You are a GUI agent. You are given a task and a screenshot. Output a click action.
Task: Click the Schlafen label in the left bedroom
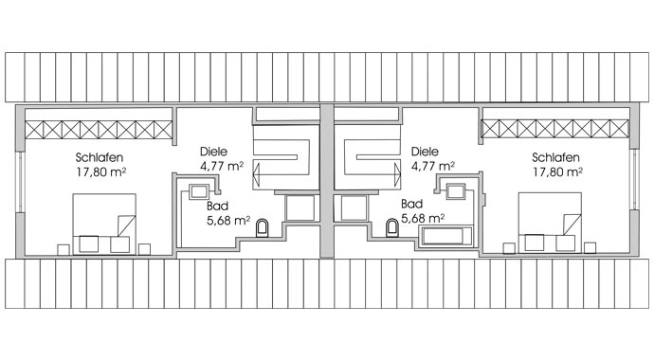click(x=100, y=157)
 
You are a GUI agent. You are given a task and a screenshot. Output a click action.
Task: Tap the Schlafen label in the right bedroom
click(x=555, y=157)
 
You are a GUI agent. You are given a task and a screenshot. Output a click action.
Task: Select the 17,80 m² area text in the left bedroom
click(x=101, y=172)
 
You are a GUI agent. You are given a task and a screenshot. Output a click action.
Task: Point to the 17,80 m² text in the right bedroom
click(x=557, y=172)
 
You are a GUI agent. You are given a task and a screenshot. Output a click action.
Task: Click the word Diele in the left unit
click(x=213, y=152)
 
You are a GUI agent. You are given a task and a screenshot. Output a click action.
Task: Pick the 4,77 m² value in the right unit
click(x=433, y=166)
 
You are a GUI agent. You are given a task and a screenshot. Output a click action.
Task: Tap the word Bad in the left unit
click(x=217, y=206)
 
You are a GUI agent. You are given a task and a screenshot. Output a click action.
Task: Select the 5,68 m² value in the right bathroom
click(x=423, y=218)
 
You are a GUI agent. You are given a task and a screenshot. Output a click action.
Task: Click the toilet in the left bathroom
click(x=262, y=227)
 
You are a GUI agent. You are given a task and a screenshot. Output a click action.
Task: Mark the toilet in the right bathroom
click(x=392, y=227)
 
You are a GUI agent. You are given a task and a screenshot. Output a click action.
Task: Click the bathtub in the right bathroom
click(x=445, y=237)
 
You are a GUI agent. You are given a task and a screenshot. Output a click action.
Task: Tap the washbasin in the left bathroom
click(x=198, y=192)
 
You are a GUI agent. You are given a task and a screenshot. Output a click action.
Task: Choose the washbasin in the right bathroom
click(x=456, y=191)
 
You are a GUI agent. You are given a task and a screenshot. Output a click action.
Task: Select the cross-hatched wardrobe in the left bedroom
click(x=99, y=130)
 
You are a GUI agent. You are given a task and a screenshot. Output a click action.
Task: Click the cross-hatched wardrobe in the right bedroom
click(x=554, y=128)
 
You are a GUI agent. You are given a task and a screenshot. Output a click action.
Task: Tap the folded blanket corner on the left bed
click(x=126, y=225)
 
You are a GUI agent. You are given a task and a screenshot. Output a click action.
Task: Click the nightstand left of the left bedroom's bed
click(x=64, y=249)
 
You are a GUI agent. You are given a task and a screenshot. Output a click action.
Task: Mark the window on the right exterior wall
click(x=634, y=179)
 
